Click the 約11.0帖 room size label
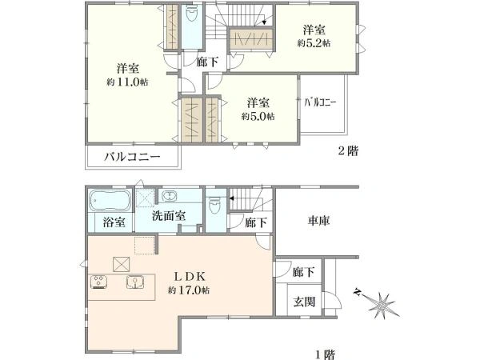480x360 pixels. coord(127,82)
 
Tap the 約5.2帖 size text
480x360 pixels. coord(314,43)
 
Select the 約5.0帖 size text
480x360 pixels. coord(258,116)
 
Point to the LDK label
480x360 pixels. coord(189,277)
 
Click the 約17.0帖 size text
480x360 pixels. coord(189,290)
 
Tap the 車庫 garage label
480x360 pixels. coord(318,221)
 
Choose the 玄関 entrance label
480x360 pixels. coord(304,302)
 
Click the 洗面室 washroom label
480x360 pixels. coord(169,216)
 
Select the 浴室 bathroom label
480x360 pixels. coord(114,222)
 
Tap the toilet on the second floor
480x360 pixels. coord(192,14)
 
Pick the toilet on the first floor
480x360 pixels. coord(214,205)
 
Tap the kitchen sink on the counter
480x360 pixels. coord(135,282)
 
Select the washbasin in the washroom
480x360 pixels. coord(169,196)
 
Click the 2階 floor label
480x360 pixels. coord(348,151)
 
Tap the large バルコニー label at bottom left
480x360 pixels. coord(132,157)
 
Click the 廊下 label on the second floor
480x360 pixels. coord(207,62)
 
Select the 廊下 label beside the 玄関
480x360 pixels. coord(303,272)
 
